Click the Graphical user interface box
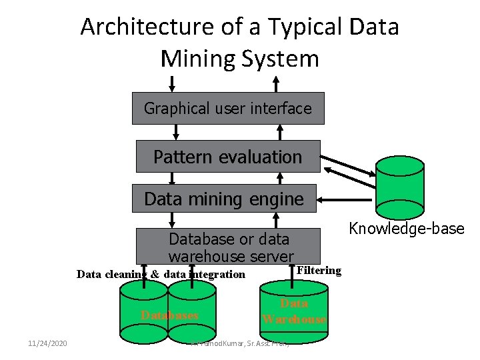pyautogui.click(x=228, y=108)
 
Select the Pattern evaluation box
pyautogui.click(x=228, y=157)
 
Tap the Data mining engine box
pyautogui.click(x=224, y=199)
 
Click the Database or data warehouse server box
pyautogui.click(x=229, y=247)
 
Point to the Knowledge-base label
pyautogui.click(x=407, y=229)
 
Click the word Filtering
pyautogui.click(x=319, y=270)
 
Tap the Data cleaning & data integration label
pyautogui.click(x=161, y=274)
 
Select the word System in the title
pyautogui.click(x=281, y=59)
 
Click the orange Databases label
pyautogui.click(x=169, y=315)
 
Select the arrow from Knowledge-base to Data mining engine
pyautogui.click(x=347, y=199)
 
